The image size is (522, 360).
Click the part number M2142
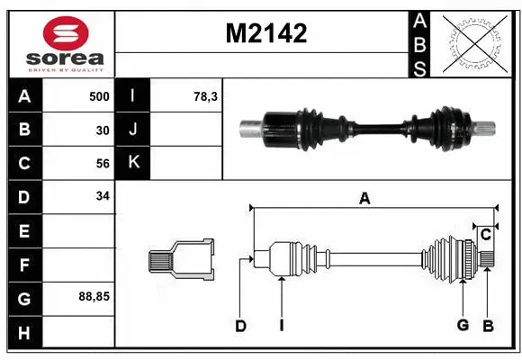265,34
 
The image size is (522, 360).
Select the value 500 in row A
98,96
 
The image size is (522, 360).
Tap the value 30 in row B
103,130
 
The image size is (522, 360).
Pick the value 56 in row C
103,163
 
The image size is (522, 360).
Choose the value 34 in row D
103,196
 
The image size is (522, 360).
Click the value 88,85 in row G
95,295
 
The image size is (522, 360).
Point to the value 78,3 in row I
204,96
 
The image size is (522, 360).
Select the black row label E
23,230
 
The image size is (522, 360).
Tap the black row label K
133,163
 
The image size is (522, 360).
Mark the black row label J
133,130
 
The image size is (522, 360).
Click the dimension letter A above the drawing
364,199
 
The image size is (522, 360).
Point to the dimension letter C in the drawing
485,236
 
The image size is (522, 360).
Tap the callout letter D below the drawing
240,326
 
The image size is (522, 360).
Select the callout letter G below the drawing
463,325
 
